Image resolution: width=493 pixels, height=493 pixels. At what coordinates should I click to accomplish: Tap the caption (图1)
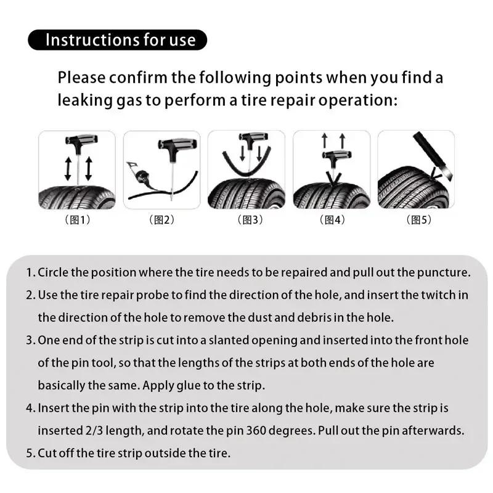77,219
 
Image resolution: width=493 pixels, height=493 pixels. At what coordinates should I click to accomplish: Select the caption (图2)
161,219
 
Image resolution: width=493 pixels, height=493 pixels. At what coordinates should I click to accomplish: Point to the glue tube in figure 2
142,175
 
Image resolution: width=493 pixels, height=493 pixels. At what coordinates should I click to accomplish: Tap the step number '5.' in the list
31,454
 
